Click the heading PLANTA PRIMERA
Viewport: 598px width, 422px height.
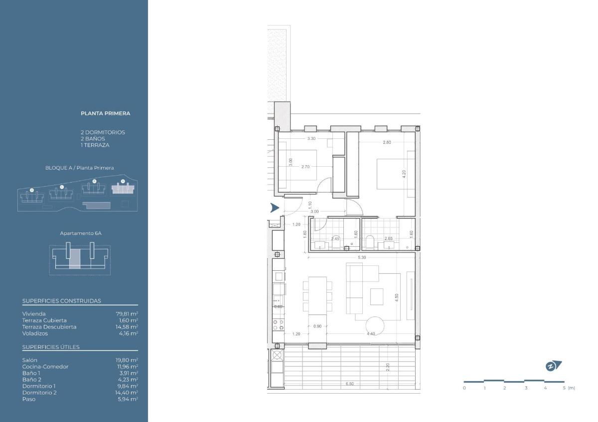pyautogui.click(x=105, y=113)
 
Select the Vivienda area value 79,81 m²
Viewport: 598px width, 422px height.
pyautogui.click(x=127, y=314)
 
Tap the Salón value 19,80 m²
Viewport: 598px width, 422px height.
pyautogui.click(x=127, y=360)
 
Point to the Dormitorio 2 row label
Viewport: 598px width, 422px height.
pyautogui.click(x=39, y=393)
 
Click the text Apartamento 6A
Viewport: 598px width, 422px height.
pyautogui.click(x=77, y=233)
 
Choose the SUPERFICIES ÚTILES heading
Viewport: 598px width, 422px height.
pyautogui.click(x=51, y=347)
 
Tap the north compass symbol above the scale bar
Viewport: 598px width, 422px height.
pyautogui.click(x=553, y=366)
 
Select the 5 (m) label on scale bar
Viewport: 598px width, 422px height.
pyautogui.click(x=569, y=388)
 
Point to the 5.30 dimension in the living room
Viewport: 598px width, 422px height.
pyautogui.click(x=362, y=257)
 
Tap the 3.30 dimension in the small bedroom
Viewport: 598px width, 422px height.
pyautogui.click(x=311, y=138)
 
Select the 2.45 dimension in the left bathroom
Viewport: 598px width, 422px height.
pyautogui.click(x=335, y=239)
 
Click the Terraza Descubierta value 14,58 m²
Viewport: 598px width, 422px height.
pyautogui.click(x=127, y=327)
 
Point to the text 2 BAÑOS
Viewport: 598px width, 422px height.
pyautogui.click(x=93, y=139)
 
